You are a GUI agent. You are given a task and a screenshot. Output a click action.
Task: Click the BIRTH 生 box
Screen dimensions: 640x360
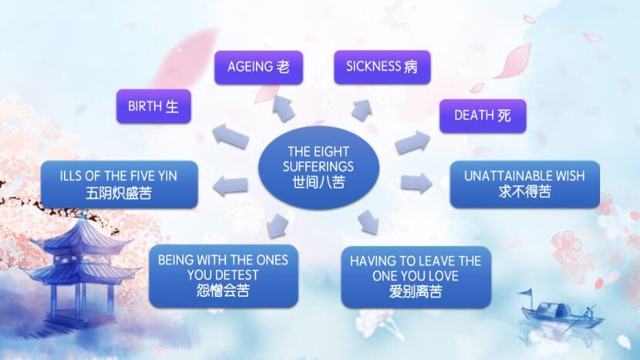click(x=154, y=106)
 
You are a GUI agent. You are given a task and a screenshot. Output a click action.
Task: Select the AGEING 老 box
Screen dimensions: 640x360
click(x=259, y=67)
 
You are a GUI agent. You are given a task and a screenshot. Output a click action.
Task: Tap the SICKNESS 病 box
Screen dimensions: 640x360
click(x=382, y=67)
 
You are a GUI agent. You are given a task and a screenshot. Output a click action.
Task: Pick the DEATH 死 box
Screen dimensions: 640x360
click(x=483, y=116)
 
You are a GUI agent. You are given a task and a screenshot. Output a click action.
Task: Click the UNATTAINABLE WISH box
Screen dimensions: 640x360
click(x=525, y=184)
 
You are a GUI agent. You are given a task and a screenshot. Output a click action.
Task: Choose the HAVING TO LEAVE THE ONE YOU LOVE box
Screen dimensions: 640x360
click(x=416, y=277)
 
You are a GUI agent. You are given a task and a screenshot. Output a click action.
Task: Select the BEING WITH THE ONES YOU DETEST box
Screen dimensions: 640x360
click(x=224, y=276)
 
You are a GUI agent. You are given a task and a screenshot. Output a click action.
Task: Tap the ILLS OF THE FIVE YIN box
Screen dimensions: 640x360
click(x=120, y=184)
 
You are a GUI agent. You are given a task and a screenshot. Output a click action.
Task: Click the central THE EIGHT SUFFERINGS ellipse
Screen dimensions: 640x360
click(x=318, y=167)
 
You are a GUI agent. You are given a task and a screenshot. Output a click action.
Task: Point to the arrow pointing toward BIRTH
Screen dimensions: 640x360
click(x=231, y=136)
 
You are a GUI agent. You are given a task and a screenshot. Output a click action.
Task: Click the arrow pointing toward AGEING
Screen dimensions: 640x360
click(x=284, y=108)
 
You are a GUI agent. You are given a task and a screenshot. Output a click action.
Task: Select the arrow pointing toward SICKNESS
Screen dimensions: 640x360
click(x=362, y=109)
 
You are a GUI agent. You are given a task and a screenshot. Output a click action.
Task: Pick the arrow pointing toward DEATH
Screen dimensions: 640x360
click(x=413, y=143)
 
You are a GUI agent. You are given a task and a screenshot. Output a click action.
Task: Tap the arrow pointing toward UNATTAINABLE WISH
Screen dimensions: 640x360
click(x=416, y=183)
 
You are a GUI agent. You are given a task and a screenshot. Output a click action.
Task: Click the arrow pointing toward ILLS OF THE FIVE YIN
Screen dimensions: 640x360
click(x=231, y=186)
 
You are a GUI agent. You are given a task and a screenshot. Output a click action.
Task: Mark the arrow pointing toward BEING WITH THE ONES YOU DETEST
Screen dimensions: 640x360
click(x=277, y=225)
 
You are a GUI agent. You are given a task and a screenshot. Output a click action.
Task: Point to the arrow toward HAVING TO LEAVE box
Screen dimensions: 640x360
click(x=368, y=222)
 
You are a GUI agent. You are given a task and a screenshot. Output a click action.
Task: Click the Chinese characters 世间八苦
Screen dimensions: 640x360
click(x=318, y=182)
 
